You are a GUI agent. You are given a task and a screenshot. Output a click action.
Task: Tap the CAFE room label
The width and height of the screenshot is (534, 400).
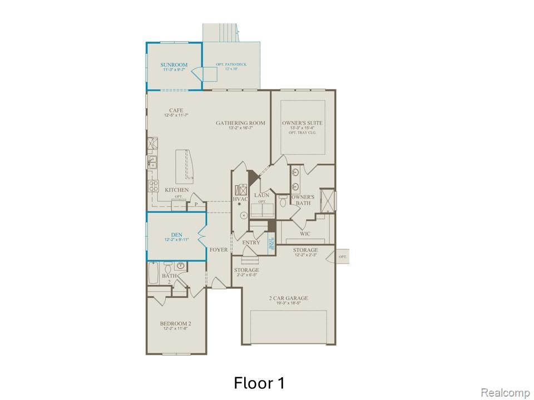(x=176, y=111)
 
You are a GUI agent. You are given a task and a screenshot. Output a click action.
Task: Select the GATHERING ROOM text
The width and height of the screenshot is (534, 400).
(x=241, y=123)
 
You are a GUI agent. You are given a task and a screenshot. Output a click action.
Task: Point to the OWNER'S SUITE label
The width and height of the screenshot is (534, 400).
(x=302, y=123)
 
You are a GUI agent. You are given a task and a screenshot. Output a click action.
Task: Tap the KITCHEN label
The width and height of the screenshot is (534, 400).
(x=177, y=191)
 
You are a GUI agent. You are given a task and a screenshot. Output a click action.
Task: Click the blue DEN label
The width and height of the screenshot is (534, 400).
(x=176, y=234)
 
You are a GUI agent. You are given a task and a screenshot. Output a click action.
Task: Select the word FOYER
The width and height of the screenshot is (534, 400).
(x=219, y=250)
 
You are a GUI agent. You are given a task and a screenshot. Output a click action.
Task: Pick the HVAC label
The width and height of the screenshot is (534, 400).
(x=240, y=198)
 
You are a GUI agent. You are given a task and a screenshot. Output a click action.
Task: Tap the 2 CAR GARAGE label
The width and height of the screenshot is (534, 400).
(x=288, y=298)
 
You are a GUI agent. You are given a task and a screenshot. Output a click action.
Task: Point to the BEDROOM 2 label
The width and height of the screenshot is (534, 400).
(x=176, y=324)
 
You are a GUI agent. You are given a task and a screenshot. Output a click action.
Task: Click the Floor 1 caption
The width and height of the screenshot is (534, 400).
(x=259, y=383)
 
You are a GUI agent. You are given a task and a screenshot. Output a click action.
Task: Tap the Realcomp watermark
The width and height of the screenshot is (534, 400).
(x=505, y=393)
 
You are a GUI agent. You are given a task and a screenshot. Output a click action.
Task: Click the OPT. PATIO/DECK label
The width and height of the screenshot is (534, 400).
(x=231, y=65)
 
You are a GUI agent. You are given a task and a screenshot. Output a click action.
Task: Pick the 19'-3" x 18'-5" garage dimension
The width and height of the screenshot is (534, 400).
(x=288, y=304)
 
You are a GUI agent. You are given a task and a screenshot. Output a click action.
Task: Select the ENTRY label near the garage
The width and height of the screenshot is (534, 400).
(x=251, y=243)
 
